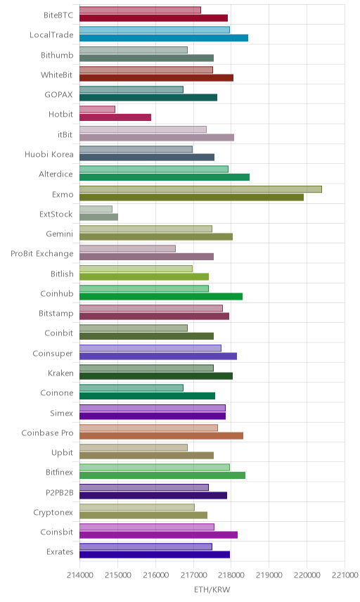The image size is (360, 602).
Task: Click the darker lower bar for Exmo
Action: (x=191, y=198)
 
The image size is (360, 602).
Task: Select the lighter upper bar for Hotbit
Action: (x=97, y=110)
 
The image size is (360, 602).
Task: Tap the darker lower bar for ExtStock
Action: (x=98, y=217)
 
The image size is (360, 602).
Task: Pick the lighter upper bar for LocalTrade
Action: (x=155, y=30)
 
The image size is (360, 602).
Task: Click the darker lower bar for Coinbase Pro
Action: (x=161, y=436)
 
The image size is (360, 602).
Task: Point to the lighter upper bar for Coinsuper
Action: (x=150, y=348)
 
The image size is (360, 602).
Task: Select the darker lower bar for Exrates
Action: (x=155, y=555)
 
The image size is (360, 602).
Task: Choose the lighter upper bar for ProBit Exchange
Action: (x=127, y=249)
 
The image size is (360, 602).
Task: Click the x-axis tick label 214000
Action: (x=80, y=575)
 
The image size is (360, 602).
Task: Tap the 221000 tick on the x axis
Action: (x=345, y=575)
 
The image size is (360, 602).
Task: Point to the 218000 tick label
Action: (x=231, y=575)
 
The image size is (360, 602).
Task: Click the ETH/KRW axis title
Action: (x=212, y=590)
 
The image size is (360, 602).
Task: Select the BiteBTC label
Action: (x=58, y=15)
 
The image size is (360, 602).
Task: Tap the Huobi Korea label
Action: (x=49, y=154)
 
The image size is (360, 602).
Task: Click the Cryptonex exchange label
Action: (x=53, y=513)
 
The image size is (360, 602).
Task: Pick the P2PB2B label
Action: (x=60, y=492)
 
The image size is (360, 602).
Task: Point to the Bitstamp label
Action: (x=56, y=314)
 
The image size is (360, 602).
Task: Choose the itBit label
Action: (x=65, y=134)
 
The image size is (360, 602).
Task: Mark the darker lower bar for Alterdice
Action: (x=165, y=177)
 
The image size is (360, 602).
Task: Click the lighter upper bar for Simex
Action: (x=153, y=408)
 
